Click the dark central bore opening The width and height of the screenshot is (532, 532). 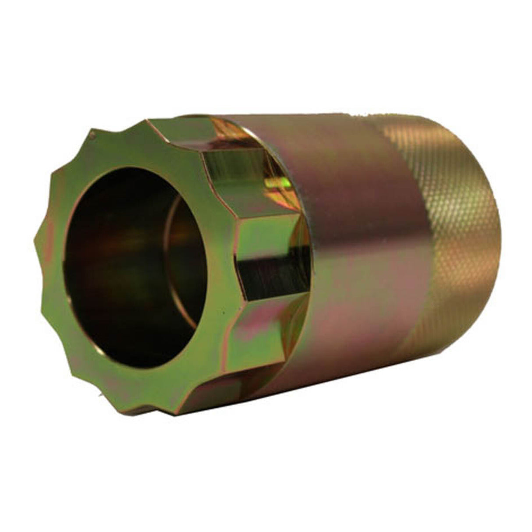pyautogui.click(x=118, y=263)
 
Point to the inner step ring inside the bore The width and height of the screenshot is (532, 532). pyautogui.click(x=175, y=245)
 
